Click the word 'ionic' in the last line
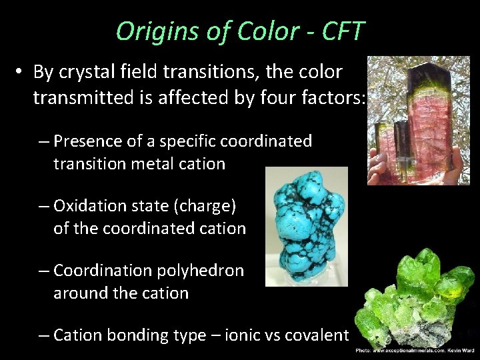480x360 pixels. (243, 335)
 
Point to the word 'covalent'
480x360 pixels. (316, 335)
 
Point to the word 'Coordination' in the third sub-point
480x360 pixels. (101, 271)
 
